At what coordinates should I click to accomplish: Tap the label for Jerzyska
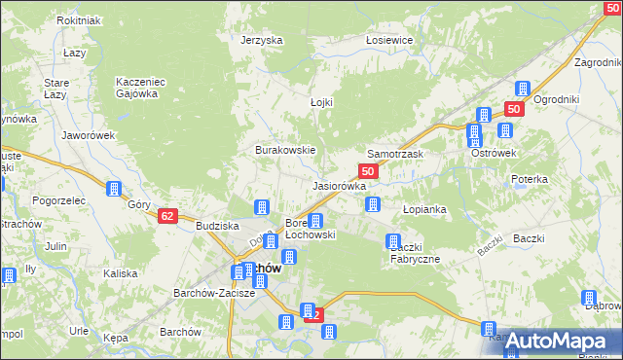coord(262,40)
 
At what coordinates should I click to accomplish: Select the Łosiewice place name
coord(389,40)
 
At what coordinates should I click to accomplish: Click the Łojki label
coord(309,102)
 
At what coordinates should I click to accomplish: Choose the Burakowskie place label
coord(285,151)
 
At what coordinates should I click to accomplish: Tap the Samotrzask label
coord(394,155)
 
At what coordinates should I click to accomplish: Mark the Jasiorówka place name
coord(339,185)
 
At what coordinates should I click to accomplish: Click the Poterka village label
coord(530,180)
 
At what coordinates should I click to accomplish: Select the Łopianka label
coord(424,209)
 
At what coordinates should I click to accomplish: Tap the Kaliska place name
coord(121,273)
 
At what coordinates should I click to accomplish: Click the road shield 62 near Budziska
coord(167,216)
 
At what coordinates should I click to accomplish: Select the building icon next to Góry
coord(114,189)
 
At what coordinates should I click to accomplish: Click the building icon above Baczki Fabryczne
coord(394,241)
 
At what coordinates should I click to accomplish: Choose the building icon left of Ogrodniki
coord(522,89)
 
